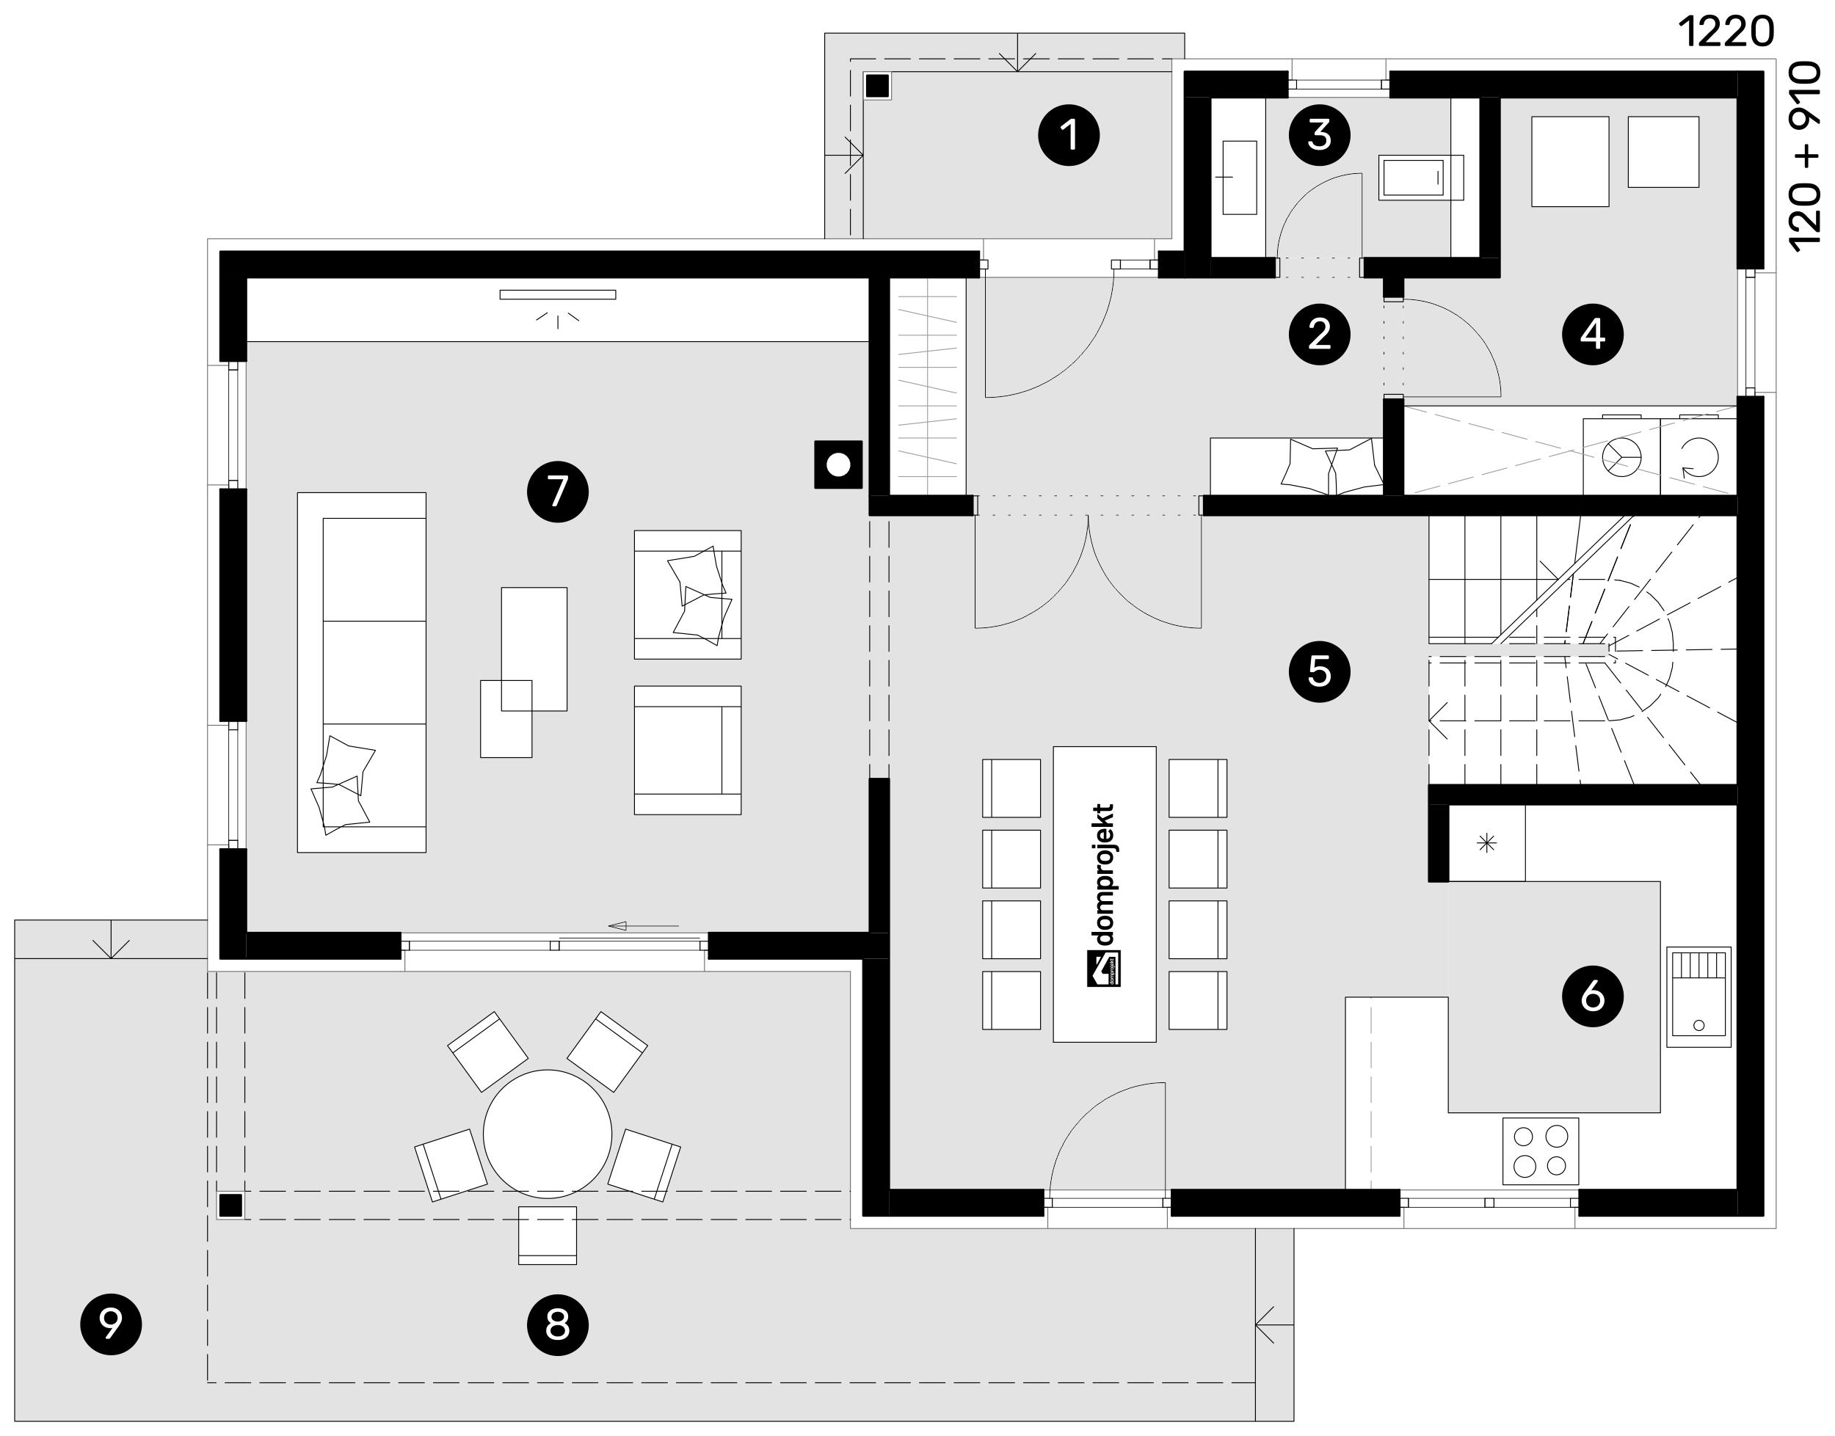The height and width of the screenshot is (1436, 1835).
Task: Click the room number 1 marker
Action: (x=1069, y=134)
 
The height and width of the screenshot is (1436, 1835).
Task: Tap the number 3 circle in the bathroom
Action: (x=1320, y=134)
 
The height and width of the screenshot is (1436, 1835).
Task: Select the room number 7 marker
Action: (x=558, y=491)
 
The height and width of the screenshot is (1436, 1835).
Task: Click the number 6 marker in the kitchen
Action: (x=1593, y=996)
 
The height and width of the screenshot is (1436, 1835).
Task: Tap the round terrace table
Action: (x=548, y=1134)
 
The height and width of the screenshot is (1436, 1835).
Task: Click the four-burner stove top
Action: (x=1541, y=1151)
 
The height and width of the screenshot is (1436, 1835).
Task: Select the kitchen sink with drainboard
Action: (x=1698, y=997)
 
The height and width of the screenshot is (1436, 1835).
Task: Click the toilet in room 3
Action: (x=1421, y=178)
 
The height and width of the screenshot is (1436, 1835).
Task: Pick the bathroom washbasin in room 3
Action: (x=1240, y=178)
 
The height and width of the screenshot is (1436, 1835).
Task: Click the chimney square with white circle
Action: (x=838, y=464)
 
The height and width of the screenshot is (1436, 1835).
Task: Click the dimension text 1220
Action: (x=1726, y=32)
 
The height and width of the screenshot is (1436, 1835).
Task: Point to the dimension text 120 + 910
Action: (x=1806, y=156)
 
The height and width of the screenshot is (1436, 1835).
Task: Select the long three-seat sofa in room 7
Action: (x=362, y=673)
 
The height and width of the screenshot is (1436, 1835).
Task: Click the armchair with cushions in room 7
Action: (x=688, y=594)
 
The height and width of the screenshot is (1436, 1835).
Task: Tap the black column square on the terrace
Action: (x=230, y=1206)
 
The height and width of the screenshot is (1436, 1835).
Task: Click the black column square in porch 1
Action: (x=878, y=86)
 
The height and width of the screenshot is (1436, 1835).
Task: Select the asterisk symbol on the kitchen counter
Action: (x=1487, y=842)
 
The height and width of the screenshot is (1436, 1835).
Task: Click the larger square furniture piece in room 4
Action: (x=1570, y=161)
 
